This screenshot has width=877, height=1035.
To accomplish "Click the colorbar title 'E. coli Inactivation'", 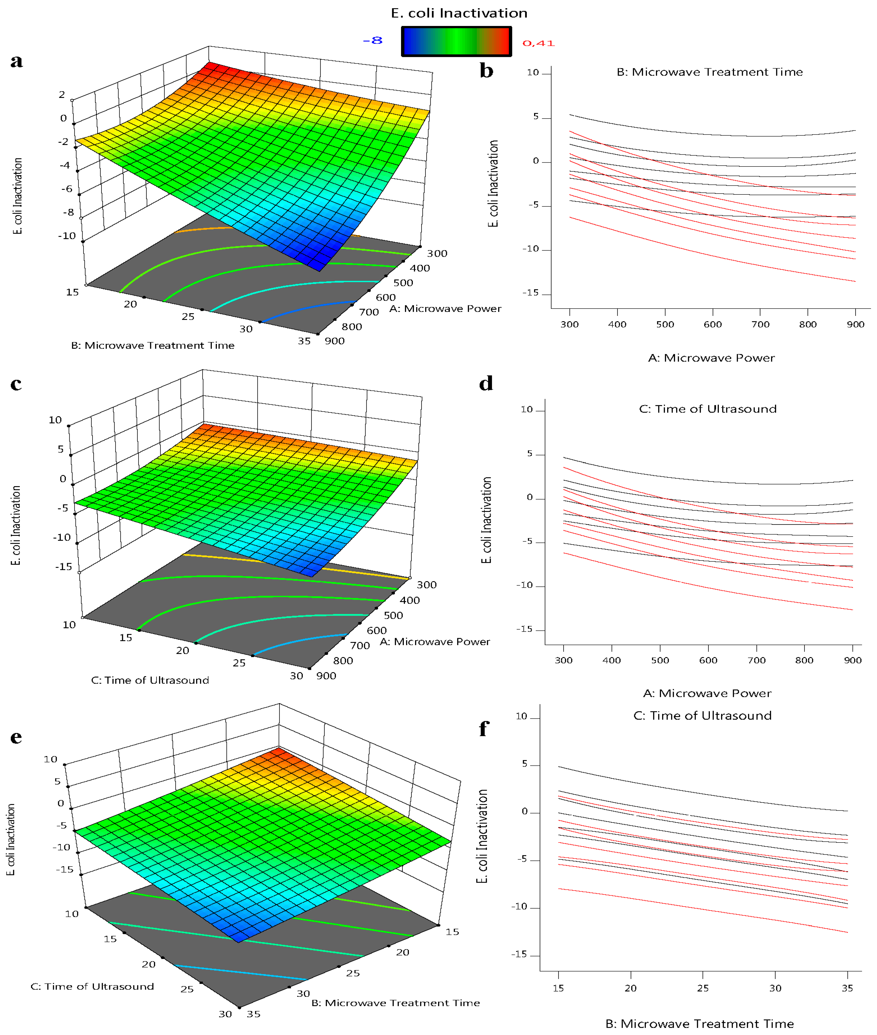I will pos(459,13).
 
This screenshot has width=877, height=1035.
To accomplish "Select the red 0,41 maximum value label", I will pos(538,43).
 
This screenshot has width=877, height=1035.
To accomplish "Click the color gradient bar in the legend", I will pos(456,41).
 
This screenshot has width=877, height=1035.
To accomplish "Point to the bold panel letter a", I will pos(16,61).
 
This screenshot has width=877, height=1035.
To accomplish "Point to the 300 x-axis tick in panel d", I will pos(563,660).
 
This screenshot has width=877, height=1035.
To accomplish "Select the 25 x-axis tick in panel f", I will pos(703,988).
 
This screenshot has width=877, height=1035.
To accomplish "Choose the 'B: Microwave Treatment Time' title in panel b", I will pos(709,72).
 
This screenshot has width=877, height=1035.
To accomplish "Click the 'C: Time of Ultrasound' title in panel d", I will pos(707,409).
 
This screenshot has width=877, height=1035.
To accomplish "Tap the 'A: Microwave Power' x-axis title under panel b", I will pos(711,358).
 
